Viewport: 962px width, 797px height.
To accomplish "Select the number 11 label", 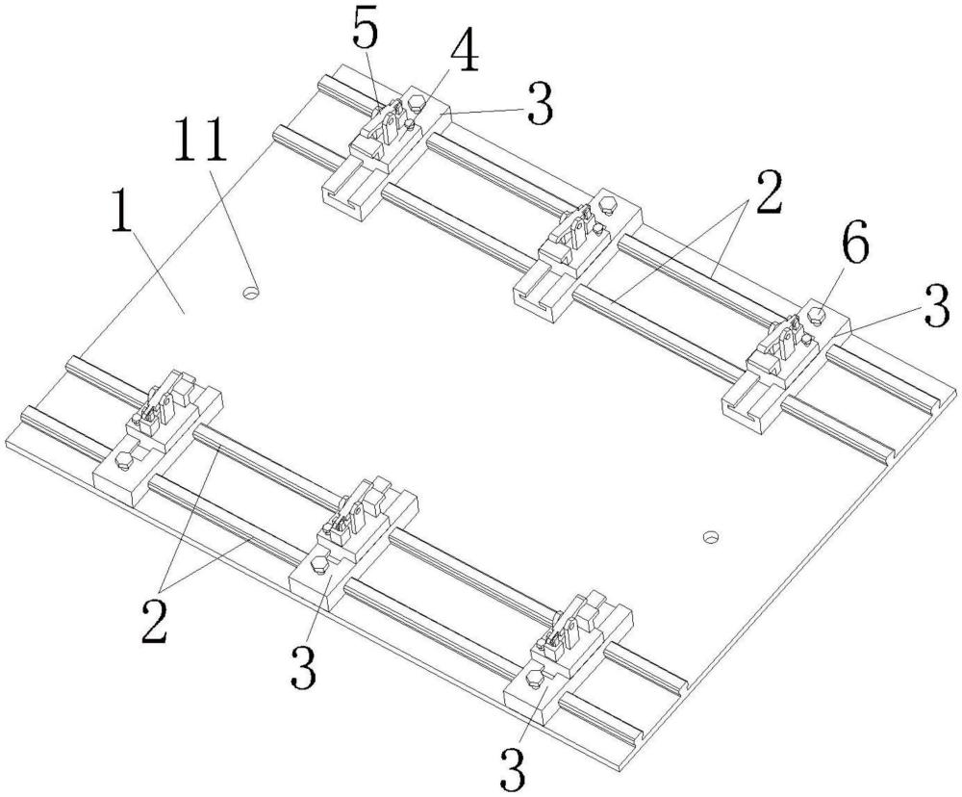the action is [200, 140].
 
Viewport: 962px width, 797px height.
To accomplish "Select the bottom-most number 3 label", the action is [513, 767].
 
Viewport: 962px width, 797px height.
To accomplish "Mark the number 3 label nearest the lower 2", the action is [303, 667].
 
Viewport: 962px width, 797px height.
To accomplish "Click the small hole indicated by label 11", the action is [250, 293].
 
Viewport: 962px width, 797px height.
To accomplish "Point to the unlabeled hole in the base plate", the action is [711, 537].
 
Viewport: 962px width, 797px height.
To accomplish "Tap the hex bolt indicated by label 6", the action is [817, 316].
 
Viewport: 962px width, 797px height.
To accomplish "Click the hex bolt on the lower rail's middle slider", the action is [320, 564].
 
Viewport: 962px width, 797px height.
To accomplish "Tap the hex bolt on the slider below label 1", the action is [124, 460].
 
